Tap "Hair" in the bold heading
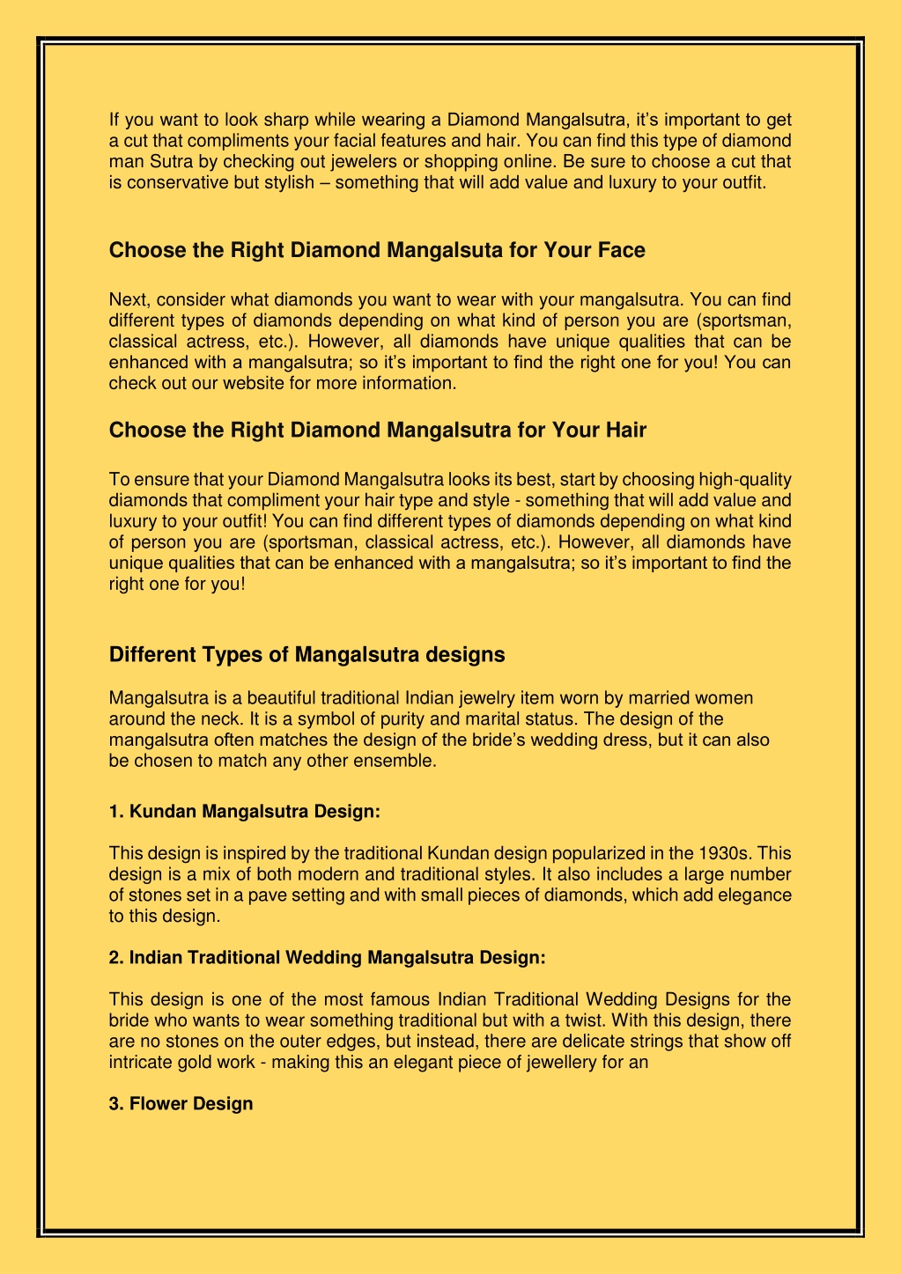point(624,431)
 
